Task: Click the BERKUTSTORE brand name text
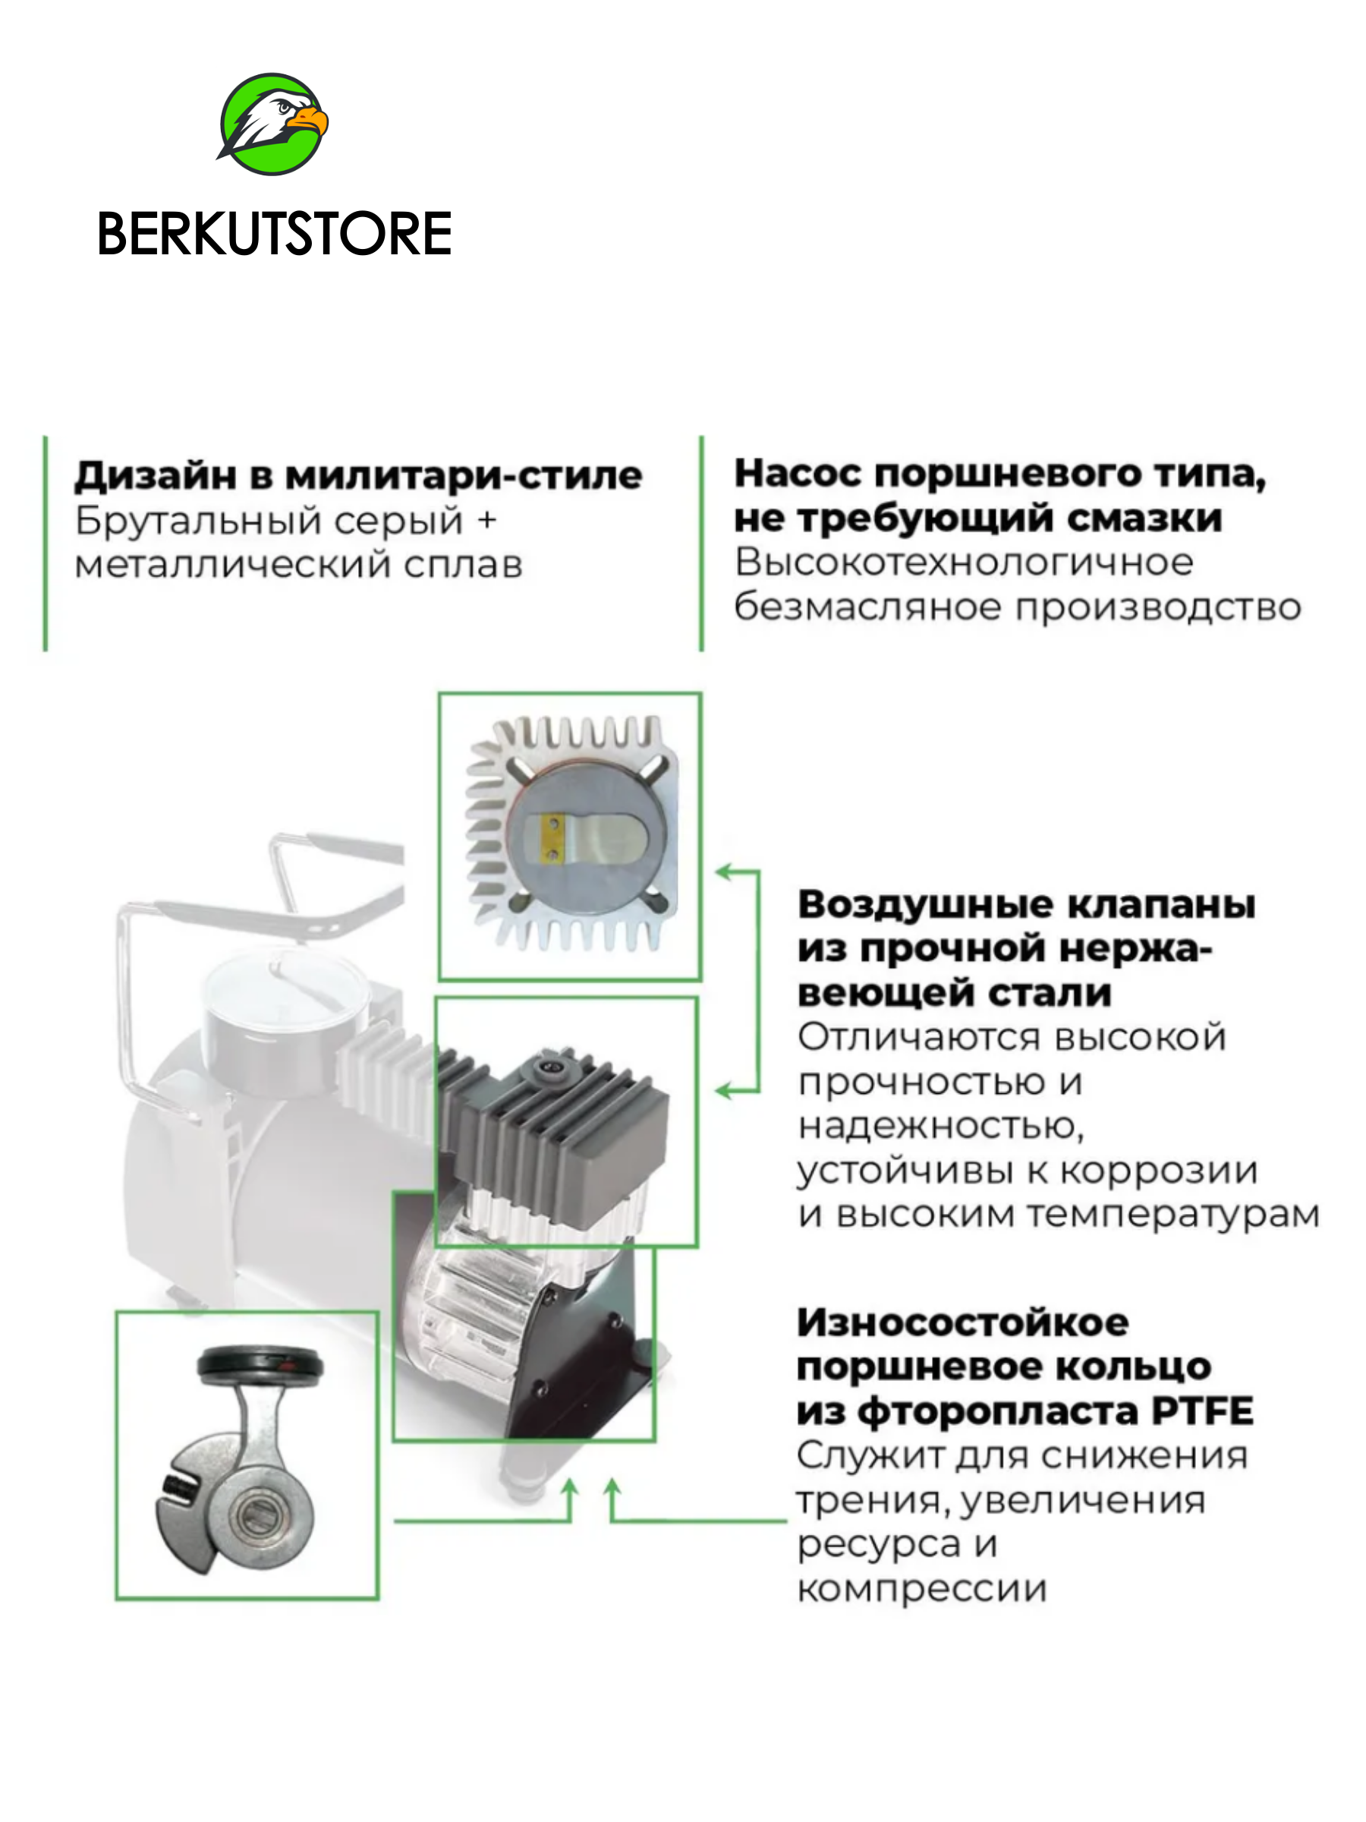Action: (x=274, y=234)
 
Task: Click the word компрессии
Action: (x=921, y=1589)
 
